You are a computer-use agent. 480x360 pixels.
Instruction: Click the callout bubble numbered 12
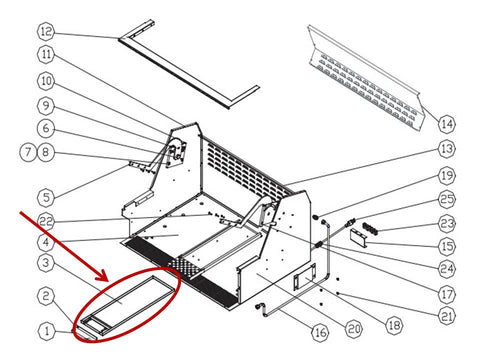point(46,32)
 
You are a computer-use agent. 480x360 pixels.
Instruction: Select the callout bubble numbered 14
point(446,124)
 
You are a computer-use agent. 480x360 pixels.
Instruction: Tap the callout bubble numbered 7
point(28,152)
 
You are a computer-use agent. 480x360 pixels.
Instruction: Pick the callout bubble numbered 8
point(46,152)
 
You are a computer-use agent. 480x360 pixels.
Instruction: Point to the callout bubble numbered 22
point(46,221)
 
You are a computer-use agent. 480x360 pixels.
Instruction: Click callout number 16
point(320,332)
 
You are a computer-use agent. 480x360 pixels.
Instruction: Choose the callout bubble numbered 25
point(446,199)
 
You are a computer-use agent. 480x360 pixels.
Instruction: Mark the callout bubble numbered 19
point(446,175)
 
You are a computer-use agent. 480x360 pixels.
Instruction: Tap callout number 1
point(47,331)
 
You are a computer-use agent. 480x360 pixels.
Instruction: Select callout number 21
point(446,316)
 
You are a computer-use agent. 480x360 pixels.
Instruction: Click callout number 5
point(46,197)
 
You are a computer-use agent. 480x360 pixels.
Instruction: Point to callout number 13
point(446,149)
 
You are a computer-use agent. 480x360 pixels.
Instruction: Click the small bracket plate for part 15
point(358,238)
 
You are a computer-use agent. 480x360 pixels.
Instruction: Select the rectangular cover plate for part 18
point(305,276)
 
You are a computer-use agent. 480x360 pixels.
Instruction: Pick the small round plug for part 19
point(315,217)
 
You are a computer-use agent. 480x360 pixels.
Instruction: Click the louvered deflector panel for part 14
point(365,78)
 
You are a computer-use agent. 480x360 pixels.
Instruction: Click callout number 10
point(46,81)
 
